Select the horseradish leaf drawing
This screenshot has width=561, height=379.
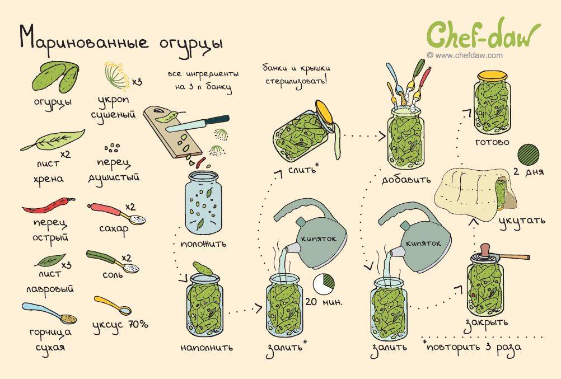(x=53, y=140)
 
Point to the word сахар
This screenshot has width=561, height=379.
(x=114, y=229)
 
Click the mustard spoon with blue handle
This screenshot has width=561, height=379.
(x=49, y=313)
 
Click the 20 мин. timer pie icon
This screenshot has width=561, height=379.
(x=324, y=283)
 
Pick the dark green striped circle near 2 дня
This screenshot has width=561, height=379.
(x=529, y=155)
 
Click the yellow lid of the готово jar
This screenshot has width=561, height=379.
(x=492, y=76)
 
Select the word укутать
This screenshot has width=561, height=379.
(x=522, y=221)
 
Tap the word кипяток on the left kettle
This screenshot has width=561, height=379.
(x=319, y=238)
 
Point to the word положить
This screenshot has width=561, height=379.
(x=203, y=244)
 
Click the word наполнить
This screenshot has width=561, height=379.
(x=207, y=347)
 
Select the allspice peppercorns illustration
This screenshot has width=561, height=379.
(x=113, y=147)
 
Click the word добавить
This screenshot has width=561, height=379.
(x=406, y=179)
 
